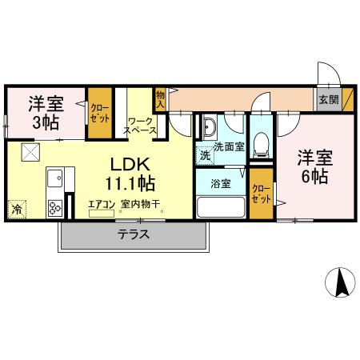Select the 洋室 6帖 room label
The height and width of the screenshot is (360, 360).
point(313,166)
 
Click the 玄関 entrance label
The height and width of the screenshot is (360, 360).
point(328,100)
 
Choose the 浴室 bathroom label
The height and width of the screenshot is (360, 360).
point(221,183)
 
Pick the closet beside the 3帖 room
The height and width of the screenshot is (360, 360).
point(100,113)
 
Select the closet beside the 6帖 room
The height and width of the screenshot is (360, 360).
point(261,194)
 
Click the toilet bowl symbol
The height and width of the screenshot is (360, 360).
point(260,143)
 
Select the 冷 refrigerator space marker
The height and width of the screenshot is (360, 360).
point(16,210)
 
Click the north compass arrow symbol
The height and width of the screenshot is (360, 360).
point(342,284)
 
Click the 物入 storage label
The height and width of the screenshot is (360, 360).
point(160,98)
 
